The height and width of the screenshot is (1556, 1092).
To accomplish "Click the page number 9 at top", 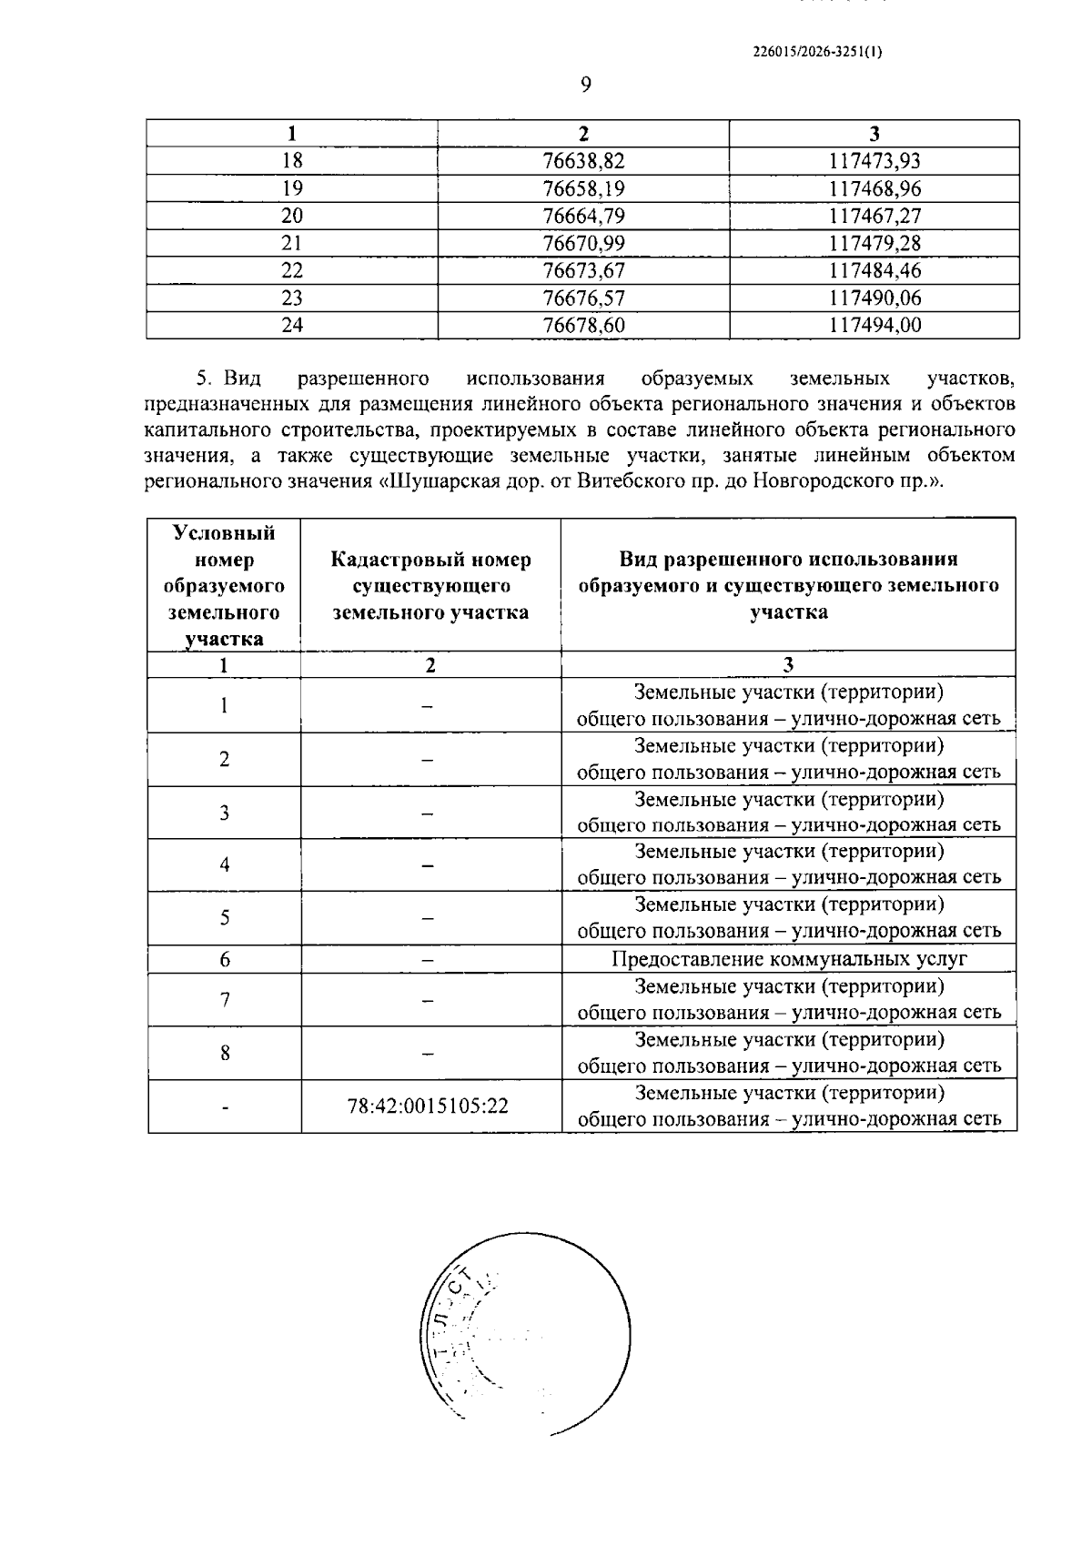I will [585, 85].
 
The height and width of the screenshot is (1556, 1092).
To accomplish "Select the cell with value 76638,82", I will [583, 161].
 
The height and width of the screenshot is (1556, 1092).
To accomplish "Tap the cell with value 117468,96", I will [875, 188].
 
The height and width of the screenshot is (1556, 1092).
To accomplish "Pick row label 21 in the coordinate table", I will [291, 243].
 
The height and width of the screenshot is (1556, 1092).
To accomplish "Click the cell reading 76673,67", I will [583, 270].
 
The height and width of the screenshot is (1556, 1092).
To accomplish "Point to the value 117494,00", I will [875, 325].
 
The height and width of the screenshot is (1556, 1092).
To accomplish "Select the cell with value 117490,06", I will [875, 298].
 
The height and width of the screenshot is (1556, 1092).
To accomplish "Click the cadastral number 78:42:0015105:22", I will [428, 1106].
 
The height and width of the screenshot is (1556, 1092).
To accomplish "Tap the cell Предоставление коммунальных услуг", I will [789, 959].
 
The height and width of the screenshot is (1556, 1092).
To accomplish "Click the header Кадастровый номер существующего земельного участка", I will [430, 585].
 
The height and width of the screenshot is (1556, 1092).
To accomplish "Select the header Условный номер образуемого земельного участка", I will [224, 585].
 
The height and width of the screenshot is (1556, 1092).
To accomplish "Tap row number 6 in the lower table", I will [224, 959].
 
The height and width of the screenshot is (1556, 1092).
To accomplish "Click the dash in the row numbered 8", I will [428, 1054].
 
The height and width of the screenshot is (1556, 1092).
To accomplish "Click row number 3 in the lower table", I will [224, 813].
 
